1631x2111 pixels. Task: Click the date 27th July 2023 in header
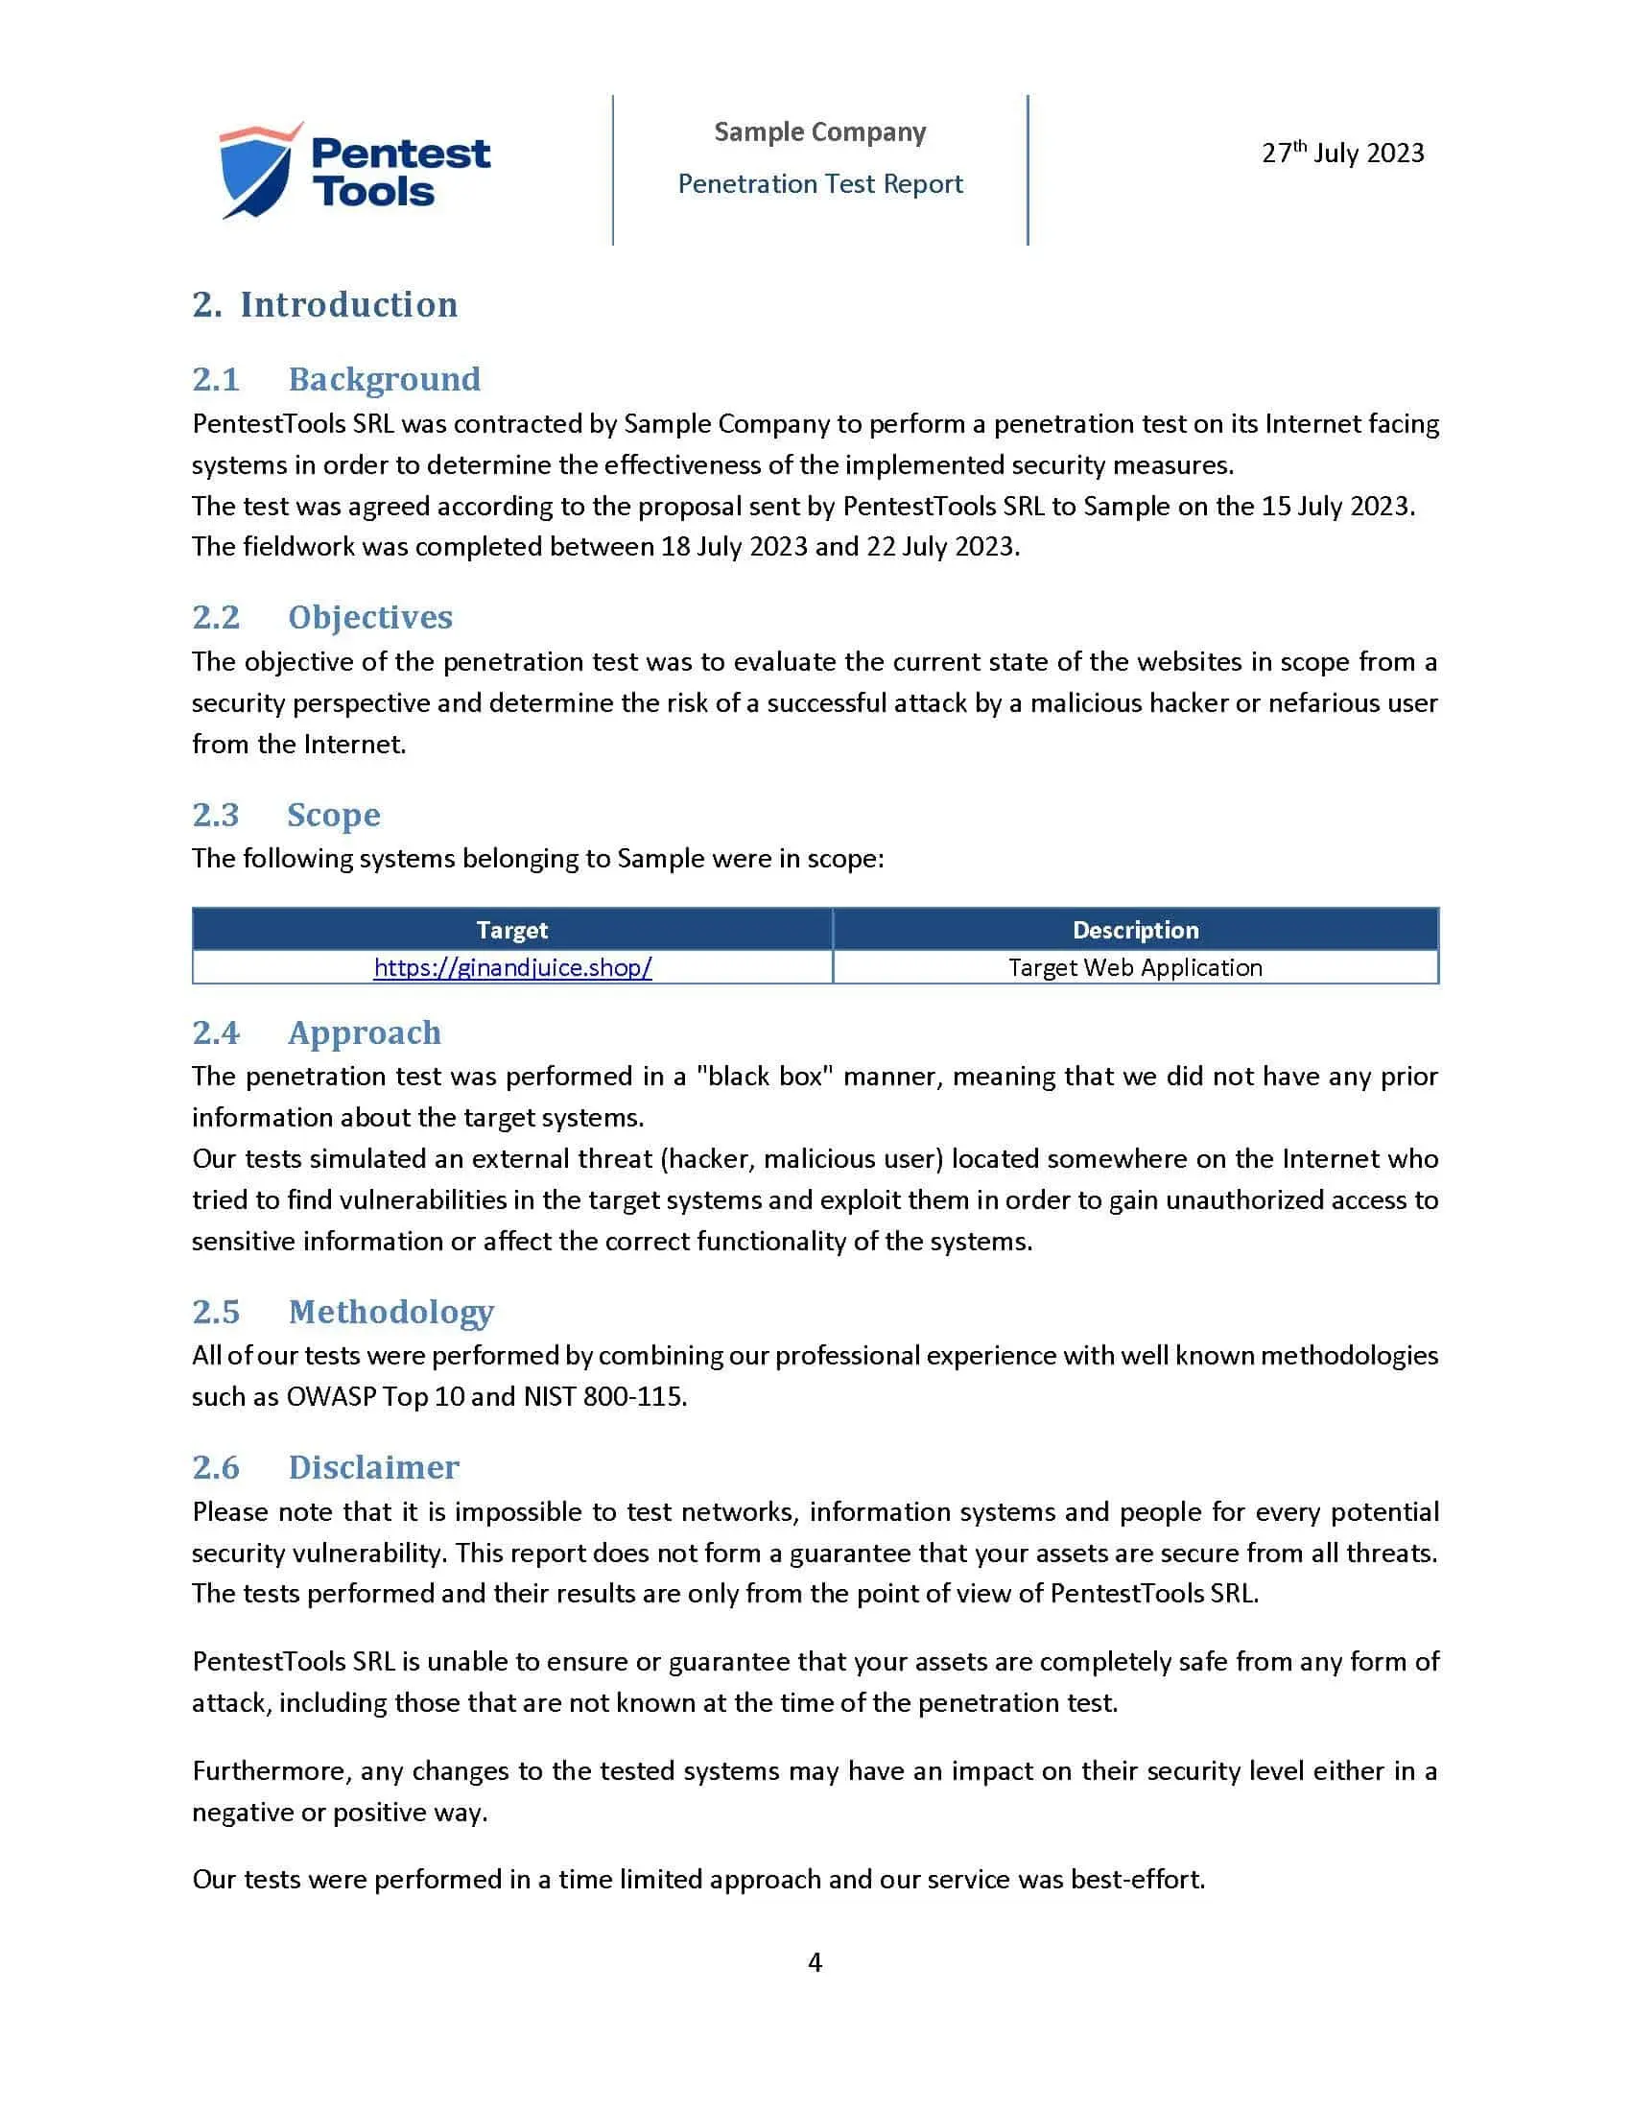click(1342, 153)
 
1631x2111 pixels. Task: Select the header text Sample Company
click(819, 131)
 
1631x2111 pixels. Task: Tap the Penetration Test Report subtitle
click(819, 183)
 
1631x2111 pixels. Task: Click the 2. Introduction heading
click(324, 304)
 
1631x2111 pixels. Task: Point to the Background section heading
click(384, 379)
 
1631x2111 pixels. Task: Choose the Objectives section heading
click(370, 617)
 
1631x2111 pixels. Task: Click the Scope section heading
click(333, 815)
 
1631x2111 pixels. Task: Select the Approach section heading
click(365, 1032)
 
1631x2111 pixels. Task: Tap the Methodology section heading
click(390, 1312)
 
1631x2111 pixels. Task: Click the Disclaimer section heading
click(373, 1467)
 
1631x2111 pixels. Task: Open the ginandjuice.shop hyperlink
click(512, 967)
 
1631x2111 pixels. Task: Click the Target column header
click(512, 930)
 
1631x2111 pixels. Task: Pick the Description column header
click(1135, 930)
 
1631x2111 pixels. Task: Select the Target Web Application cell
click(1135, 967)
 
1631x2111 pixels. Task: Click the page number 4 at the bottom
click(815, 1963)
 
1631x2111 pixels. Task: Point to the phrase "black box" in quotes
click(765, 1077)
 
